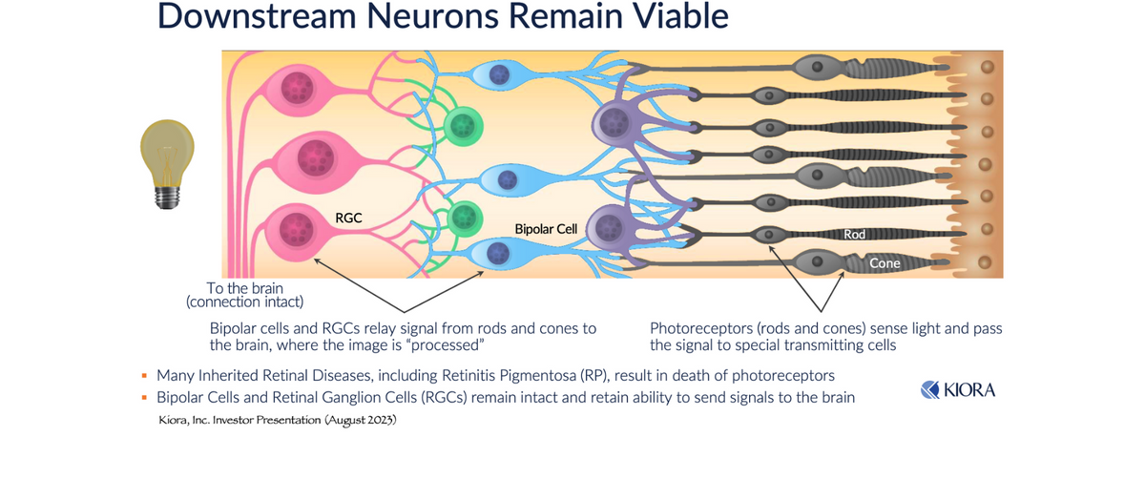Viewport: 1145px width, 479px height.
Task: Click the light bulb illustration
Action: pos(167,163)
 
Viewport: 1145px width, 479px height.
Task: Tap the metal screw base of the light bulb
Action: pos(167,197)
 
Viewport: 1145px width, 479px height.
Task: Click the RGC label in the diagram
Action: pos(348,219)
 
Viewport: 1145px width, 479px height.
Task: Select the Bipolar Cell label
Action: pos(546,229)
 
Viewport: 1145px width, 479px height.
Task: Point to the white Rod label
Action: pos(854,234)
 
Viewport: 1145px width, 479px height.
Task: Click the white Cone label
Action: pos(885,263)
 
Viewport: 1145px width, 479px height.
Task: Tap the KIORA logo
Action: pos(958,390)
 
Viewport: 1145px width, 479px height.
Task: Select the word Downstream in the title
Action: pos(257,15)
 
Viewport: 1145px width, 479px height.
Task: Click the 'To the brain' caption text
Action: pos(245,288)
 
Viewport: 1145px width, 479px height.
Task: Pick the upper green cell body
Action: pos(463,126)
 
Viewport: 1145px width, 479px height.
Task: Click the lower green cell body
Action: pos(465,218)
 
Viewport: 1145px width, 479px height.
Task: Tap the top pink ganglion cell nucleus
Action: pos(298,88)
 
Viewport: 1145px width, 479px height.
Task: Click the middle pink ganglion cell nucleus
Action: pos(316,157)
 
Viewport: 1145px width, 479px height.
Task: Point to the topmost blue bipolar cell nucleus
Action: pos(499,74)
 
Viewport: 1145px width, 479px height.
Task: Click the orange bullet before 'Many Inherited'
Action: pos(144,376)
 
